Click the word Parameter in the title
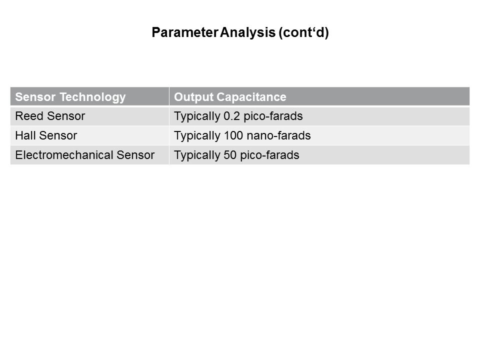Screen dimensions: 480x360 184,32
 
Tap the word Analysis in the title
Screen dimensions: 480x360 247,33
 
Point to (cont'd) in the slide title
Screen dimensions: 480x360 303,33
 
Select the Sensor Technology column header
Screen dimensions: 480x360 70,97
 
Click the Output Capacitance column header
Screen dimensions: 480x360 230,97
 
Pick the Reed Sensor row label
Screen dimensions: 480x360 50,116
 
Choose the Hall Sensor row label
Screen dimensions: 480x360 46,135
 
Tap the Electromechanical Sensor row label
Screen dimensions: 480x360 85,155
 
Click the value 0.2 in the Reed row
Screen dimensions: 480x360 231,116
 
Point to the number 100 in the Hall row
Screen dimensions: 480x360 233,135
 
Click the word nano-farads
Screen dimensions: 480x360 278,135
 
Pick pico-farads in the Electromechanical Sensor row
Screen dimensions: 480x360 269,155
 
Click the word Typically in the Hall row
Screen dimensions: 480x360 197,136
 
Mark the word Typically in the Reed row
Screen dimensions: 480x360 197,116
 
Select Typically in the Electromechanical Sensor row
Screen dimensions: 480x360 197,155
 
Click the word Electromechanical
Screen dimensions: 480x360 64,155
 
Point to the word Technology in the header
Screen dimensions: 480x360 92,97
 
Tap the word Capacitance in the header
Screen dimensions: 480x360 251,97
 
